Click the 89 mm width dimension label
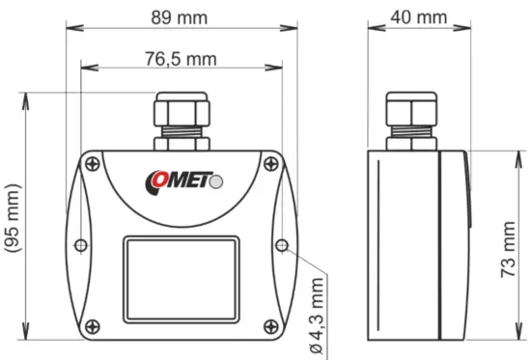(176, 16)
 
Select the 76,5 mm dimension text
(181, 59)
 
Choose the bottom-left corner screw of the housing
(90, 324)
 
